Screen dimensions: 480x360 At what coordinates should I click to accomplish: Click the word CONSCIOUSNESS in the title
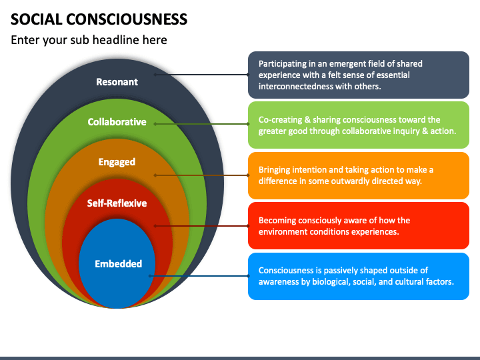coord(127,19)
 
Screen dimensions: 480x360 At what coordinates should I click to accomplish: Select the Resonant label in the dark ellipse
coord(117,82)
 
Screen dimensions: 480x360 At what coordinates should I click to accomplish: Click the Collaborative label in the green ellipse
coord(117,122)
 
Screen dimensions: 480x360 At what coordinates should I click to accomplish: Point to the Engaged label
coord(117,162)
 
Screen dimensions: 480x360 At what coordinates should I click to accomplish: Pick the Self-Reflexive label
coord(117,203)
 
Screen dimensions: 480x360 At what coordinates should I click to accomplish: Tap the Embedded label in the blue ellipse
coord(119,264)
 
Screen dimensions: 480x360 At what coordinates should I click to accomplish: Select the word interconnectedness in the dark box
coord(295,86)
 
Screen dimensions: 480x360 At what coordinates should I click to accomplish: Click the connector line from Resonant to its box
coord(202,75)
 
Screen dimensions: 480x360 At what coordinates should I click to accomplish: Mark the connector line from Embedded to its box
coord(199,276)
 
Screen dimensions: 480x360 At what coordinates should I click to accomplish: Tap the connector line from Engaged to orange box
coord(202,175)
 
